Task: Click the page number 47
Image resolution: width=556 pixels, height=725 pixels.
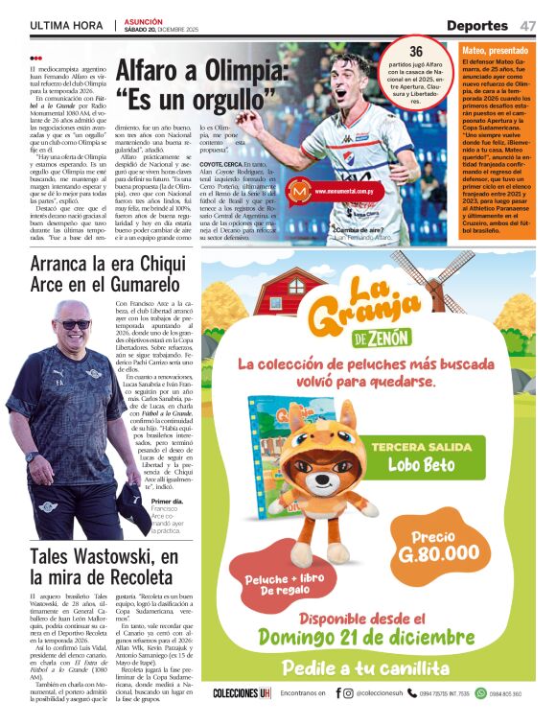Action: point(529,25)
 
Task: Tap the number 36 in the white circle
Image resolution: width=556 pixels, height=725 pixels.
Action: point(416,51)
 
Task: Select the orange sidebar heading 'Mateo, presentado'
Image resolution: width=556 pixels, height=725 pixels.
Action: point(495,49)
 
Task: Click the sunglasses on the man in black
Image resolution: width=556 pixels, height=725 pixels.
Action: point(73,325)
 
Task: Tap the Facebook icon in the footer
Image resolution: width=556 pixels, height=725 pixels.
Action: point(337,693)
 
